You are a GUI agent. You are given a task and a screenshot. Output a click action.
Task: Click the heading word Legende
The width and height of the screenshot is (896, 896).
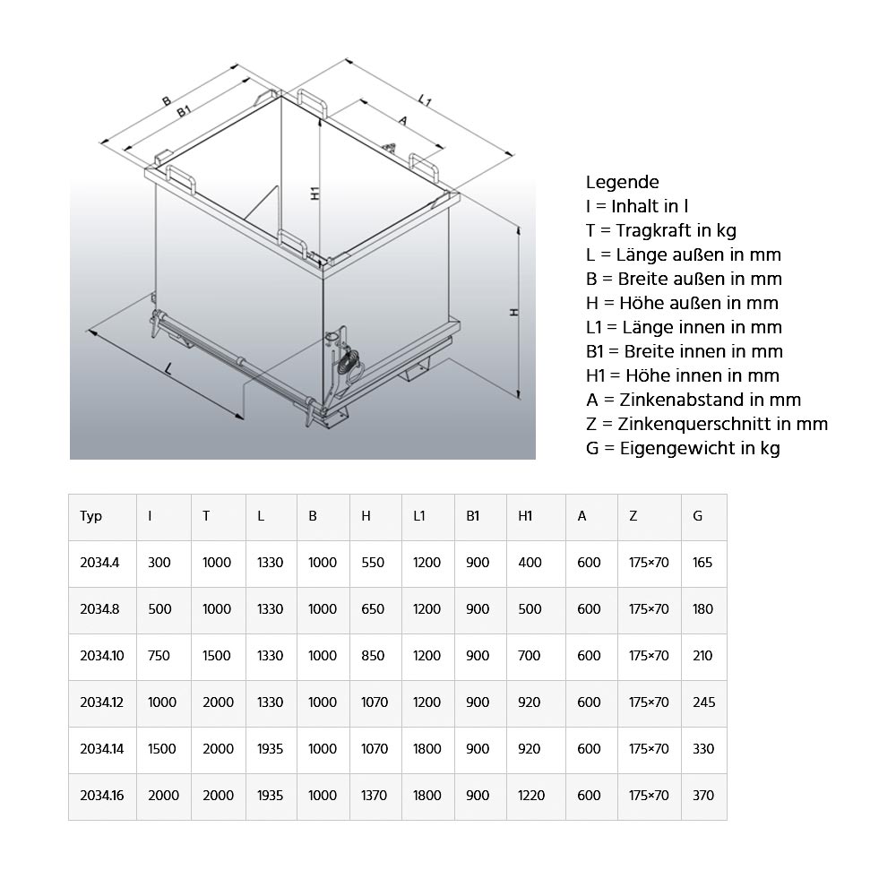coord(622,182)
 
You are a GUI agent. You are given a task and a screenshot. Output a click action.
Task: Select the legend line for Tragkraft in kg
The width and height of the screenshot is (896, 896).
coord(661,230)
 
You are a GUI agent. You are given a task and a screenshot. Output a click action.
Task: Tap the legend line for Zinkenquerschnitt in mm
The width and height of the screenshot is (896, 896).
coord(707,424)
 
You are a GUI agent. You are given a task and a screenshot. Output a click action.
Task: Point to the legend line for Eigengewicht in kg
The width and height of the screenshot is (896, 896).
coord(683,448)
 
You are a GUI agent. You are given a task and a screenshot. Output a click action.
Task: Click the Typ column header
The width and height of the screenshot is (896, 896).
coord(90,516)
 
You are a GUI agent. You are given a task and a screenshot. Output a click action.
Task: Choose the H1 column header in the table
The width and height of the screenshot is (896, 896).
coord(525,516)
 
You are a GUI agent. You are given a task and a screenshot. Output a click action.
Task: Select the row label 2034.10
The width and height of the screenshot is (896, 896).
coord(101,656)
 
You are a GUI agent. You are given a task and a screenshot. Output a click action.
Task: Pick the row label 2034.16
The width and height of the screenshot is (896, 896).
coord(101,796)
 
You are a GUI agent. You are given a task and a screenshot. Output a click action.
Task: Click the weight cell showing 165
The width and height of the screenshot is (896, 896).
coord(702,563)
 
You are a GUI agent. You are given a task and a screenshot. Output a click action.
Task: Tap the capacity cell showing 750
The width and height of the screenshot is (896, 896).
coord(159,656)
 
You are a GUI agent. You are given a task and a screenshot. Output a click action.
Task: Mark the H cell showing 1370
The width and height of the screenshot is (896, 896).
coord(375,796)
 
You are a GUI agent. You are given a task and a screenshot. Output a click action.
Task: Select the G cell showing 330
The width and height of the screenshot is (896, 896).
coord(703,749)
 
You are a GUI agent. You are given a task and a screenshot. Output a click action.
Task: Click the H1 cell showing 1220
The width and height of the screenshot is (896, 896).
coord(531,796)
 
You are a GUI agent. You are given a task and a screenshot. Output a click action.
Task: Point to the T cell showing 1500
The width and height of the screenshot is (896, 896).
coord(218,656)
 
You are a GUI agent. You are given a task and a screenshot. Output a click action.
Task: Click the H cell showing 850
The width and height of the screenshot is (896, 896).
coord(372,656)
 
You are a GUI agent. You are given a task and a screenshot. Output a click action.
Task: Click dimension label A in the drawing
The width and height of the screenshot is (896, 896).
coord(402,120)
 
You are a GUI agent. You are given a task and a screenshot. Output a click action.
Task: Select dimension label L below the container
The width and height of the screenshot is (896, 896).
coord(168,367)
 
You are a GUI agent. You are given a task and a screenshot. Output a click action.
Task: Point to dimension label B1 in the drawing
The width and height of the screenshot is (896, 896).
coord(184,110)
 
